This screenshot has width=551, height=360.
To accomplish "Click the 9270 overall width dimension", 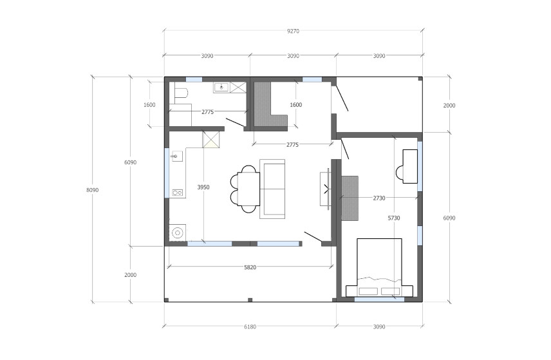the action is [x=293, y=31].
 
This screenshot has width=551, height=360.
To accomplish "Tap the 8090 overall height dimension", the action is [x=93, y=190].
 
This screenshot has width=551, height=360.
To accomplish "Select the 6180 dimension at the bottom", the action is [x=250, y=327].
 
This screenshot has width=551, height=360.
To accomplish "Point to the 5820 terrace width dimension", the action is [x=250, y=267].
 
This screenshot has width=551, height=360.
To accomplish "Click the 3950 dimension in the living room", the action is [x=203, y=187].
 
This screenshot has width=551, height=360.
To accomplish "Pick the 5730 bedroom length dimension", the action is [x=394, y=218].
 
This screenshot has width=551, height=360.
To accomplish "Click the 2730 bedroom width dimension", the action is [x=378, y=198].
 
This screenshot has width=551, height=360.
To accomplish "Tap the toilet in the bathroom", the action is [x=181, y=93].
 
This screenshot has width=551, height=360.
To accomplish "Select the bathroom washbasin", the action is [x=221, y=87].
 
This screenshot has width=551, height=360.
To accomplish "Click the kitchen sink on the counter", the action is [x=177, y=156].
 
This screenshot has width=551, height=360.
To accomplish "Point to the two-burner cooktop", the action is [x=177, y=193].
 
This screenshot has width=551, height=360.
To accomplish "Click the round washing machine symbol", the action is [x=178, y=232].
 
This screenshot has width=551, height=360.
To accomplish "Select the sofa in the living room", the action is [x=272, y=189].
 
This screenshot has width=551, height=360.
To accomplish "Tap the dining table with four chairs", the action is [x=245, y=189].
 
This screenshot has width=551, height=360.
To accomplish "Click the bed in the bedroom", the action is [x=379, y=267].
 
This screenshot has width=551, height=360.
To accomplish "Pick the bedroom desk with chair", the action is [x=407, y=166].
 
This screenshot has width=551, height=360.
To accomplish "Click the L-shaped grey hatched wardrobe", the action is [x=270, y=105].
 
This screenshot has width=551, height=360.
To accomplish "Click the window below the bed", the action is [x=379, y=299].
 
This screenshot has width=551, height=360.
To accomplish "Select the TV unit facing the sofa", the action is [x=325, y=189].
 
